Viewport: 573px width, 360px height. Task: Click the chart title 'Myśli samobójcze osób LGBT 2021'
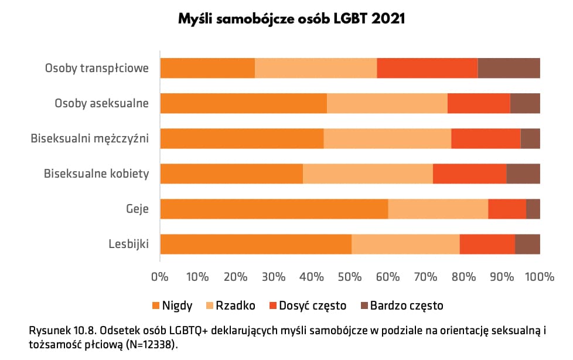click(292, 19)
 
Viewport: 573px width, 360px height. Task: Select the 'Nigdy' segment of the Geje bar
click(274, 209)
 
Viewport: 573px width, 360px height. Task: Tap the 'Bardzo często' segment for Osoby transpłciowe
click(509, 69)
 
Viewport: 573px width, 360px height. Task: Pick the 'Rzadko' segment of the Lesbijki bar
click(405, 244)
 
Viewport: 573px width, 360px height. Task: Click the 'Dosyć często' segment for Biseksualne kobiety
click(469, 174)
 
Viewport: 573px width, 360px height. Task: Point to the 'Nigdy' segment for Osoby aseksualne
click(243, 104)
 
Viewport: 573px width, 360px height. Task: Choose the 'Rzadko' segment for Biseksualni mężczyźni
click(387, 138)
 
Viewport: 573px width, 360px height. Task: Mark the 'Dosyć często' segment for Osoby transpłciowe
click(427, 69)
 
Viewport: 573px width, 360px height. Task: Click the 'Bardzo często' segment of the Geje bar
click(533, 209)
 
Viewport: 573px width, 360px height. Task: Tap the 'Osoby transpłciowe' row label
click(97, 69)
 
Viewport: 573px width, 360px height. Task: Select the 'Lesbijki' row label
click(128, 244)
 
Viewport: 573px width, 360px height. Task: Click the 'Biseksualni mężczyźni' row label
click(90, 139)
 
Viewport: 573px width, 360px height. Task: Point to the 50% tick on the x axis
click(350, 275)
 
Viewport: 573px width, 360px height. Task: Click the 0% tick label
click(160, 275)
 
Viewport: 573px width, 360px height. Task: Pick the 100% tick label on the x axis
click(539, 275)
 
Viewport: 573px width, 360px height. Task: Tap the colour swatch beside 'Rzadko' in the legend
click(209, 305)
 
